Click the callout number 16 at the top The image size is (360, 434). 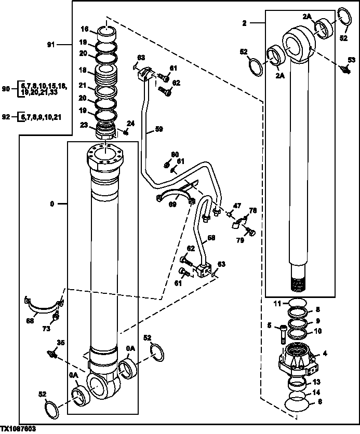point(84,29)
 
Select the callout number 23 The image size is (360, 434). point(84,124)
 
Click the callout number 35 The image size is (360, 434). point(61,342)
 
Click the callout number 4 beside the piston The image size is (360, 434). point(325,354)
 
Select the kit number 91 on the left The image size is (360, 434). point(50,45)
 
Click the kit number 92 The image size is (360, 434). point(6,117)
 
